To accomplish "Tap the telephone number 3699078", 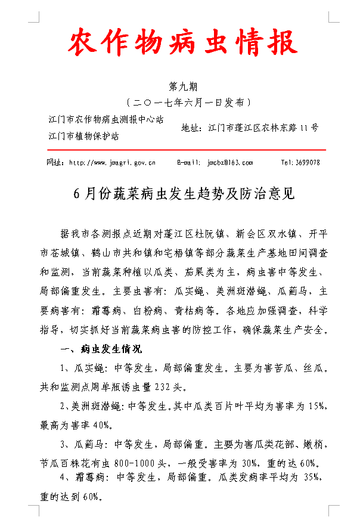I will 309,162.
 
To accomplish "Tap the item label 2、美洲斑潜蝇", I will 93,407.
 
